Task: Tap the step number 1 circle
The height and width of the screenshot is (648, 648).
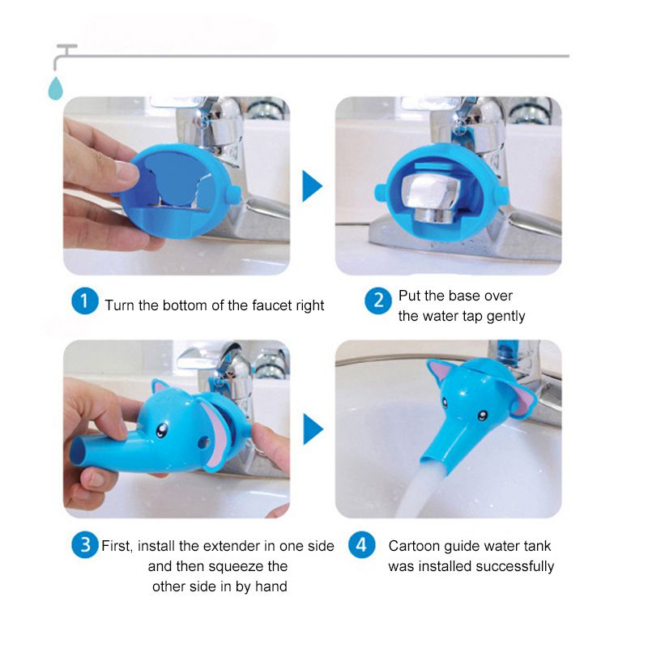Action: pyautogui.click(x=83, y=302)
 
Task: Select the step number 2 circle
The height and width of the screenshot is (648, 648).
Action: pyautogui.click(x=377, y=302)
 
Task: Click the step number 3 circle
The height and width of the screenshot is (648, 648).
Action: pyautogui.click(x=83, y=545)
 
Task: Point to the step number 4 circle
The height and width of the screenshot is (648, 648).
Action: pyautogui.click(x=362, y=545)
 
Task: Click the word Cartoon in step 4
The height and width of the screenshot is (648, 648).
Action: pyautogui.click(x=415, y=546)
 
